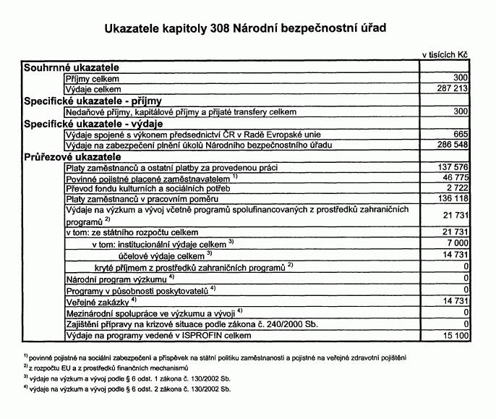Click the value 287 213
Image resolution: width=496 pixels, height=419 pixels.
pos(452,88)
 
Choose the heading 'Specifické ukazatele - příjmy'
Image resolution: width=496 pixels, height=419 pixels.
pos(93,101)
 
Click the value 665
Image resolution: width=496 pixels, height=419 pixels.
pos(461,135)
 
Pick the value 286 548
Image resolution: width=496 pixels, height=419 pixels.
pos(452,145)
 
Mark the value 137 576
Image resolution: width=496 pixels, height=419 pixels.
pos(452,167)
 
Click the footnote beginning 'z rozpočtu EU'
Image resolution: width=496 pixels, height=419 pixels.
pos(108,368)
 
